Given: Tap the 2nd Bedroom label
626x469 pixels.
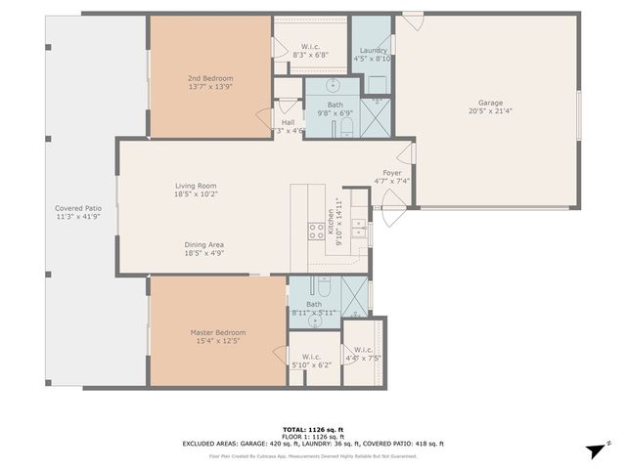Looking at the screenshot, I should click(x=210, y=78).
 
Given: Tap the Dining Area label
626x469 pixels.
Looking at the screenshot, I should click(x=204, y=244).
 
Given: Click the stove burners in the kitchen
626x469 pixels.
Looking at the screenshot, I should click(x=317, y=232).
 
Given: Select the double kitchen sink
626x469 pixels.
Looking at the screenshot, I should click(x=358, y=229).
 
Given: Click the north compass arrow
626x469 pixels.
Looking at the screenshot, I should click(x=591, y=448).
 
